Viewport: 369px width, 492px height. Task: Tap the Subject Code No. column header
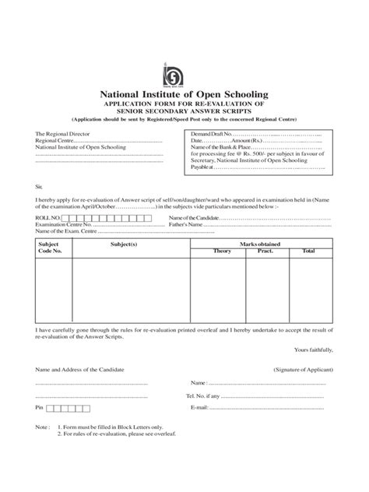click(48, 248)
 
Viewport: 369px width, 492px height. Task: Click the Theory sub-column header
click(223, 251)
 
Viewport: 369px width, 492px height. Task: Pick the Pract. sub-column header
click(265, 251)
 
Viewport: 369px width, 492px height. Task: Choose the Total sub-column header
click(308, 251)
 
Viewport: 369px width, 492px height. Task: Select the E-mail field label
click(198, 408)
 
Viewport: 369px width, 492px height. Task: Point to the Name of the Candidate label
click(194, 219)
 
